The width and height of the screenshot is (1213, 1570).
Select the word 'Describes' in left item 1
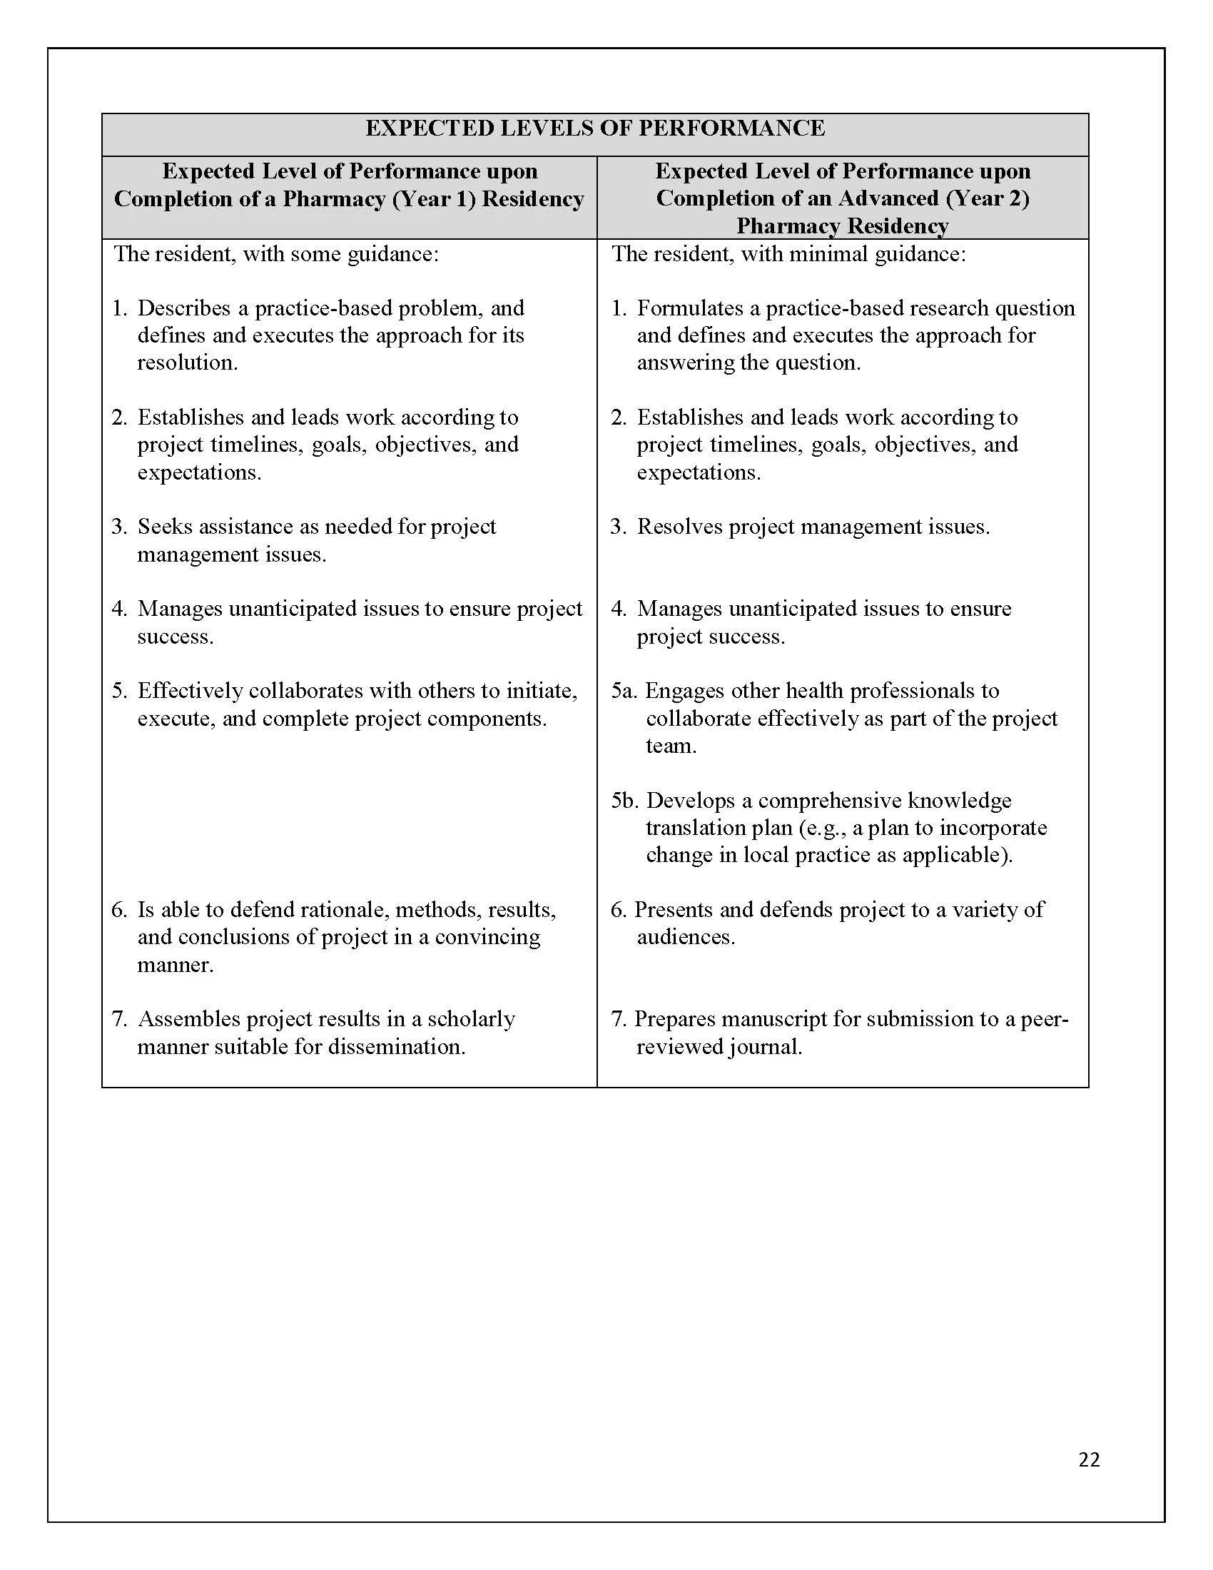coord(185,308)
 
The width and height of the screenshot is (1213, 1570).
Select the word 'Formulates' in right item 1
coord(690,308)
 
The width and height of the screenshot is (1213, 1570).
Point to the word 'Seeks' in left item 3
coord(165,526)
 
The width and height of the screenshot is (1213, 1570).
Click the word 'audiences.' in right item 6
coord(686,938)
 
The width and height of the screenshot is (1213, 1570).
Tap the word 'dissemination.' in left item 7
coord(397,1047)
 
